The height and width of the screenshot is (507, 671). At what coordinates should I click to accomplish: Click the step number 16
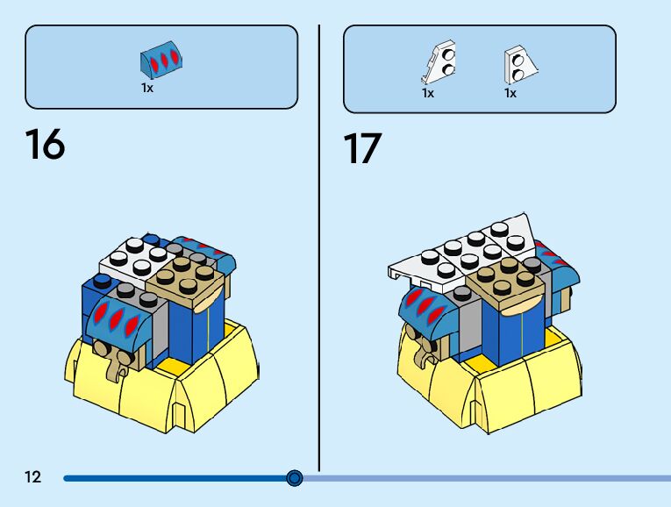coord(45,145)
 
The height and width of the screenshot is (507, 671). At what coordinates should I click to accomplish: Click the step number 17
coord(362,148)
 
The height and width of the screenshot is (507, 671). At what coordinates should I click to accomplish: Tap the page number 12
coord(32,477)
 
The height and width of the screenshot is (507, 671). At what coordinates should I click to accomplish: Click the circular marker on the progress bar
coord(295,478)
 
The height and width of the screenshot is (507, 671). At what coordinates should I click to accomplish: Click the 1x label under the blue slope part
coord(147,88)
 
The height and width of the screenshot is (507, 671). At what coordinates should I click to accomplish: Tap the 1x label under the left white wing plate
coord(428,92)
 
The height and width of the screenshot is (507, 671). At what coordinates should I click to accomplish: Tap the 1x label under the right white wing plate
coord(510,92)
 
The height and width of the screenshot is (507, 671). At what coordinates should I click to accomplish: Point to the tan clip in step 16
coord(113,360)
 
